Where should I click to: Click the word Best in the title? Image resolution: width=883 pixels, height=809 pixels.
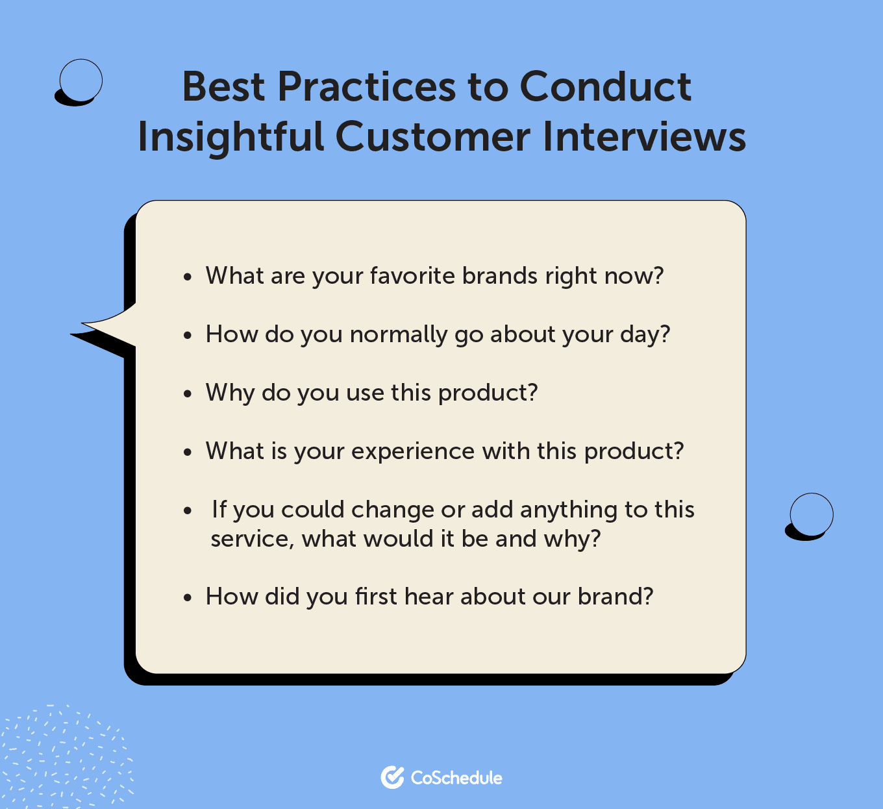coord(223,86)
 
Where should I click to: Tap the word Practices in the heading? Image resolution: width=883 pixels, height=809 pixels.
coord(366,86)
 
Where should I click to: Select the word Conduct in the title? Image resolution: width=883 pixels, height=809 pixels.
coord(605,86)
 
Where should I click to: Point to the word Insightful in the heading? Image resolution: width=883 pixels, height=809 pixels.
coord(230,137)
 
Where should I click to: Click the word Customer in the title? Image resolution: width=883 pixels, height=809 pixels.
coord(432,137)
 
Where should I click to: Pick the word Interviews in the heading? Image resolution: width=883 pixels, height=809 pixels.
coord(644,136)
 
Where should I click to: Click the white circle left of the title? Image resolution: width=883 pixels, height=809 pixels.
coord(81,81)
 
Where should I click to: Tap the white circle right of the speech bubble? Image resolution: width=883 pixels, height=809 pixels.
coord(811,514)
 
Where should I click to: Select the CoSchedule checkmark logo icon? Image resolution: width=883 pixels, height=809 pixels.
coord(392,777)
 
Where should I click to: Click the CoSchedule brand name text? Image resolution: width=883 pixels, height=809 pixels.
coord(456,778)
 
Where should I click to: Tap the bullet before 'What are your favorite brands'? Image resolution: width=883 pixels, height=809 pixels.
coord(188,277)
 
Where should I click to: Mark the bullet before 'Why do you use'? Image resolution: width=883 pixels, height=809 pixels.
coord(188,393)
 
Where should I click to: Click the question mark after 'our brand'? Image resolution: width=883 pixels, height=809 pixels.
coord(647,596)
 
